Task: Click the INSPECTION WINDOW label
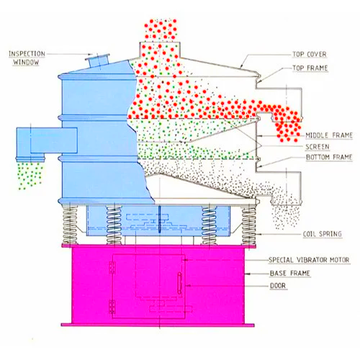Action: (x=27, y=58)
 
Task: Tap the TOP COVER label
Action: (x=310, y=55)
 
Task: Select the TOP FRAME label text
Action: (x=310, y=68)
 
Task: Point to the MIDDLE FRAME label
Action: (x=329, y=135)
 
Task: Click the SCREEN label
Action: (x=318, y=147)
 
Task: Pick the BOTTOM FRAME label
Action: (x=329, y=157)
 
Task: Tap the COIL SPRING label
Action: (x=322, y=234)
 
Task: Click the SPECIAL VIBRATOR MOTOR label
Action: (x=309, y=260)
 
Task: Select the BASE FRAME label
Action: (x=290, y=274)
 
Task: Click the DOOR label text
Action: (x=278, y=286)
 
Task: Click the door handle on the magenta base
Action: (x=179, y=283)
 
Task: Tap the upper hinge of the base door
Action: (x=112, y=268)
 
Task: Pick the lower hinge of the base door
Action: (x=112, y=307)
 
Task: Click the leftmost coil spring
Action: (x=70, y=225)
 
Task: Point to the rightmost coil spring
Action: (x=248, y=225)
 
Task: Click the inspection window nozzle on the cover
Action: (x=98, y=61)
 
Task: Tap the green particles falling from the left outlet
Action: (x=30, y=175)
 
